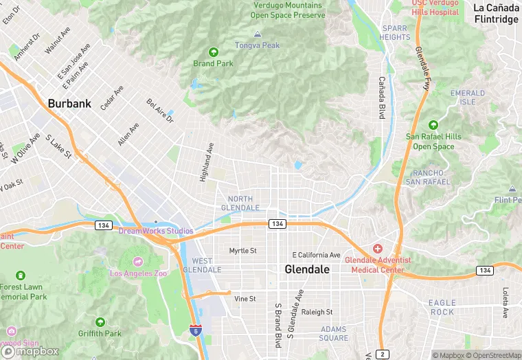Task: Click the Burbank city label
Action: [x=69, y=104]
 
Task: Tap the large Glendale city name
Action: [x=307, y=270]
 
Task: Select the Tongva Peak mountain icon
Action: [x=258, y=34]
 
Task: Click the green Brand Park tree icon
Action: [x=213, y=52]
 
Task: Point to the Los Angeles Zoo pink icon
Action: [x=137, y=262]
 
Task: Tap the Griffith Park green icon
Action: [x=100, y=322]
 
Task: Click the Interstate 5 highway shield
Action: [x=196, y=330]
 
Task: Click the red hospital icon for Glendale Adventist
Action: [x=377, y=248]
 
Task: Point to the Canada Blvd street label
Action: [x=381, y=96]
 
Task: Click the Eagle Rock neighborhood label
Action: [x=442, y=307]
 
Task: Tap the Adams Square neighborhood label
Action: [x=333, y=333]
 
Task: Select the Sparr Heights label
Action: [x=395, y=32]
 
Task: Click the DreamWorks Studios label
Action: [x=156, y=231]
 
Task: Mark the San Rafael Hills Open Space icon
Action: [x=433, y=124]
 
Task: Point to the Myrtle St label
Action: [x=242, y=251]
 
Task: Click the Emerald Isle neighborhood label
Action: [x=468, y=97]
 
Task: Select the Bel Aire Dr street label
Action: [x=160, y=110]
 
